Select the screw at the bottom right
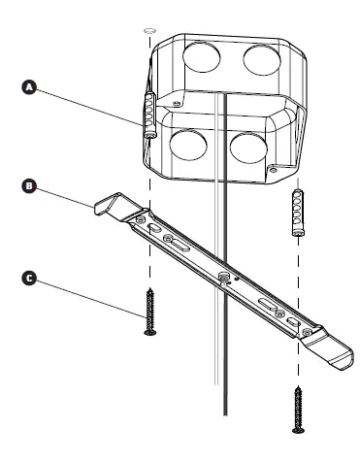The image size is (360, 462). pos(295,407)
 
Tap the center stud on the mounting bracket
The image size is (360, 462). pos(222,279)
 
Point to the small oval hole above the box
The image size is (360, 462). pos(148,31)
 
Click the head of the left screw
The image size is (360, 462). pos(149,333)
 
